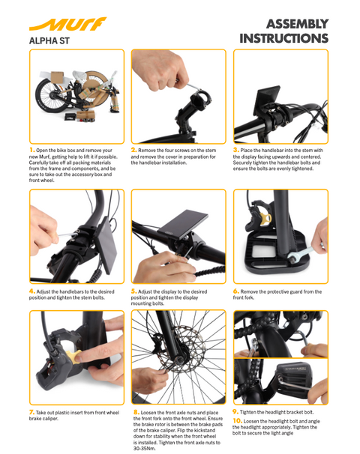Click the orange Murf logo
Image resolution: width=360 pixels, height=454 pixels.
[67, 24]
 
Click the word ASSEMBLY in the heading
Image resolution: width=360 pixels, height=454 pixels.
[298, 24]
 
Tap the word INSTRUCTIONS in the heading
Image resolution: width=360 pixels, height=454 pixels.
[284, 38]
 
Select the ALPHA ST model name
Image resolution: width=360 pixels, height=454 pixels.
[49, 40]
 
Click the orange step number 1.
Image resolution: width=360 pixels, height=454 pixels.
[32, 150]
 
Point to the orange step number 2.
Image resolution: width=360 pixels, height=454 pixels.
[134, 150]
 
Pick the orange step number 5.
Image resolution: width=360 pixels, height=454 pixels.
[134, 291]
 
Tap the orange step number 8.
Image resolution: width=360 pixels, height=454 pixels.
[136, 412]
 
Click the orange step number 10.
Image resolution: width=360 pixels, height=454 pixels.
[238, 421]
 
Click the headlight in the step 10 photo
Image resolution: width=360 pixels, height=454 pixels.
[294, 375]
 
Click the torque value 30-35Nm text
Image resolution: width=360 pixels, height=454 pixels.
[144, 448]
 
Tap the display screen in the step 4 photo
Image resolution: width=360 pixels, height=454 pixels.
[106, 246]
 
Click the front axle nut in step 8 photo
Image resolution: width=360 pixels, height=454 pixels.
[178, 361]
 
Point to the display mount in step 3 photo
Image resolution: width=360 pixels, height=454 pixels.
[267, 100]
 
